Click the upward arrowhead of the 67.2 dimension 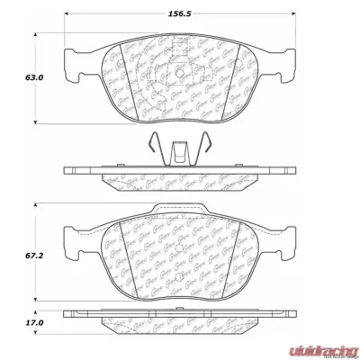(x=36, y=209)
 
